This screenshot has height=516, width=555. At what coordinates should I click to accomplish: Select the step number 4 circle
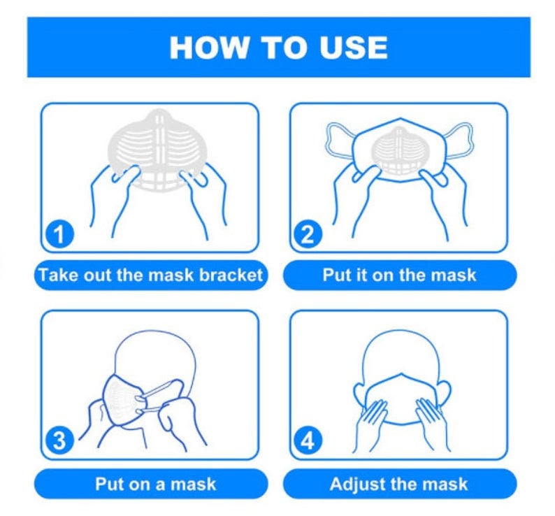pos(308,441)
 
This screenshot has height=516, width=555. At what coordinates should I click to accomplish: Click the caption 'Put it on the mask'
pos(399,274)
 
